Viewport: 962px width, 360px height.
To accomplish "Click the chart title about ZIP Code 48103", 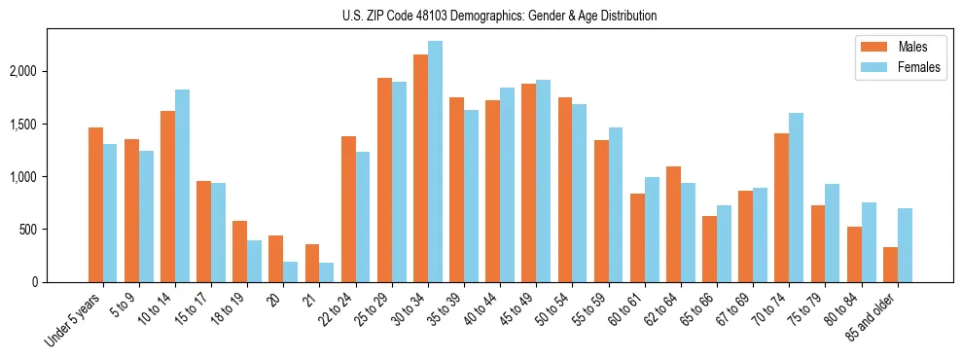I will point(499,16).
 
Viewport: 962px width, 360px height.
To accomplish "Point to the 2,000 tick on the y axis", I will point(22,72).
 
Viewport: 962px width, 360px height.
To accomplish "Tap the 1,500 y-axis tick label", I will point(22,125).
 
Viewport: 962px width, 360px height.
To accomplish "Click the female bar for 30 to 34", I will point(435,162).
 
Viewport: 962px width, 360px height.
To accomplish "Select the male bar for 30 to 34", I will point(420,168).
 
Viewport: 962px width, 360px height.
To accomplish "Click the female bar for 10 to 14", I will point(182,186).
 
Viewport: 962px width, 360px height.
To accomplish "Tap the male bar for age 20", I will point(276,259).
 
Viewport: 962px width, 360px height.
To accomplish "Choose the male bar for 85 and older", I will point(890,265).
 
